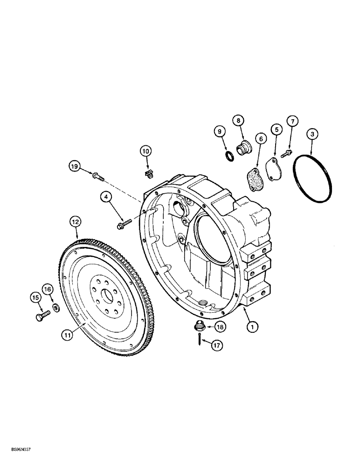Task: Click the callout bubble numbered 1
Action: (x=252, y=328)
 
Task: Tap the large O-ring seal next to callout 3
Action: (x=313, y=179)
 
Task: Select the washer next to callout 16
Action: (x=55, y=308)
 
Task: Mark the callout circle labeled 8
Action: (x=239, y=121)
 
